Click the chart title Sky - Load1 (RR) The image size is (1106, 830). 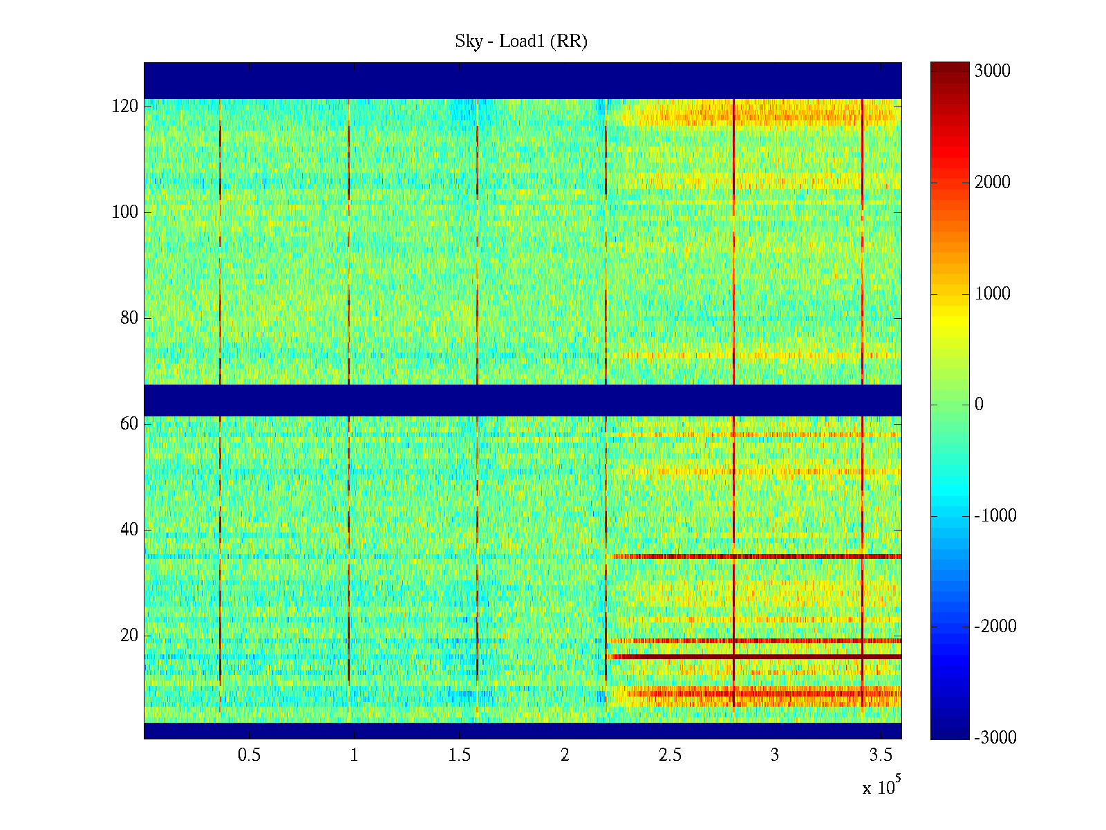click(x=521, y=41)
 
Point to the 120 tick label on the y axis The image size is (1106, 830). click(x=124, y=107)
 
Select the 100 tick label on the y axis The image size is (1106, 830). click(x=124, y=212)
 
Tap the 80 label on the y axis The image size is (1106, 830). click(x=129, y=318)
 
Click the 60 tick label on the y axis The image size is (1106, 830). click(x=129, y=424)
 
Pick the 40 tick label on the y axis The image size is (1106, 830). click(x=129, y=530)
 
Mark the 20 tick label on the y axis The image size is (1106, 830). click(x=129, y=636)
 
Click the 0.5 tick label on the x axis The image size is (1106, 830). click(x=249, y=755)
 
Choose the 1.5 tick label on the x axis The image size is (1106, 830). click(x=460, y=755)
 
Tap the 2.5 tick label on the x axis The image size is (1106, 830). click(x=670, y=755)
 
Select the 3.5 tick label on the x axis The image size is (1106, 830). click(x=881, y=755)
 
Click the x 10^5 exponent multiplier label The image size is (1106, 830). click(x=881, y=786)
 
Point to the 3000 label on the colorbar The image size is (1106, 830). click(x=992, y=71)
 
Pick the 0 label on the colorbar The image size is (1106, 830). click(x=979, y=405)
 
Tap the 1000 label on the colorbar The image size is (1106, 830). click(x=992, y=293)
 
